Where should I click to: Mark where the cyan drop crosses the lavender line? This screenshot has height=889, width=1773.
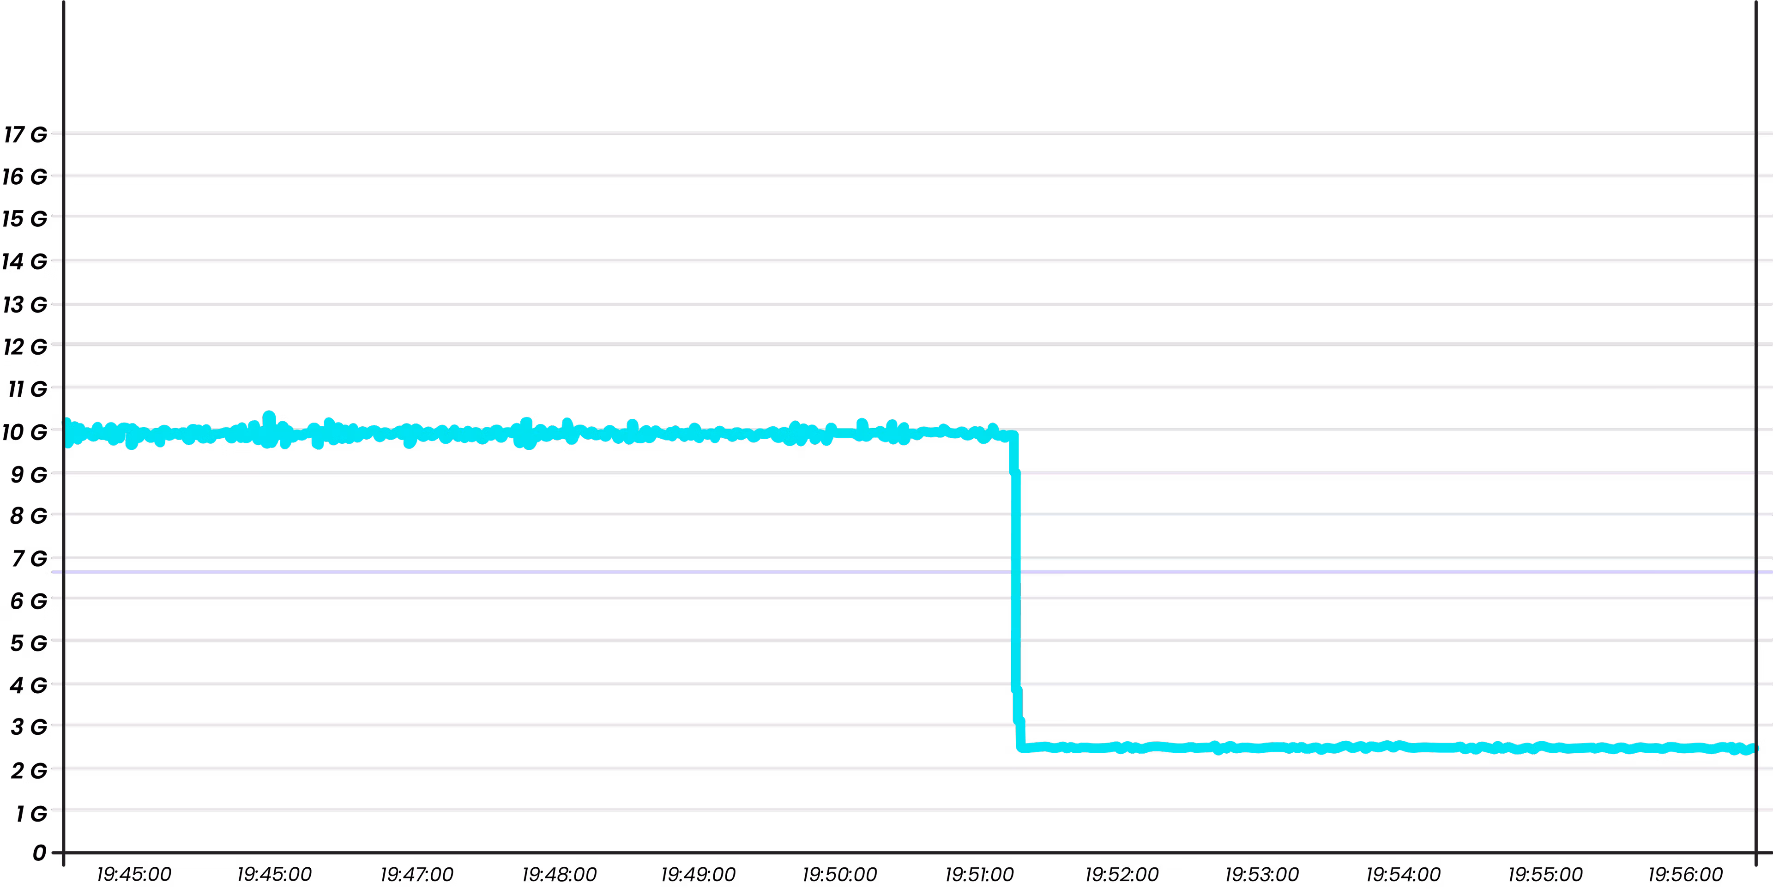[1016, 572]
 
